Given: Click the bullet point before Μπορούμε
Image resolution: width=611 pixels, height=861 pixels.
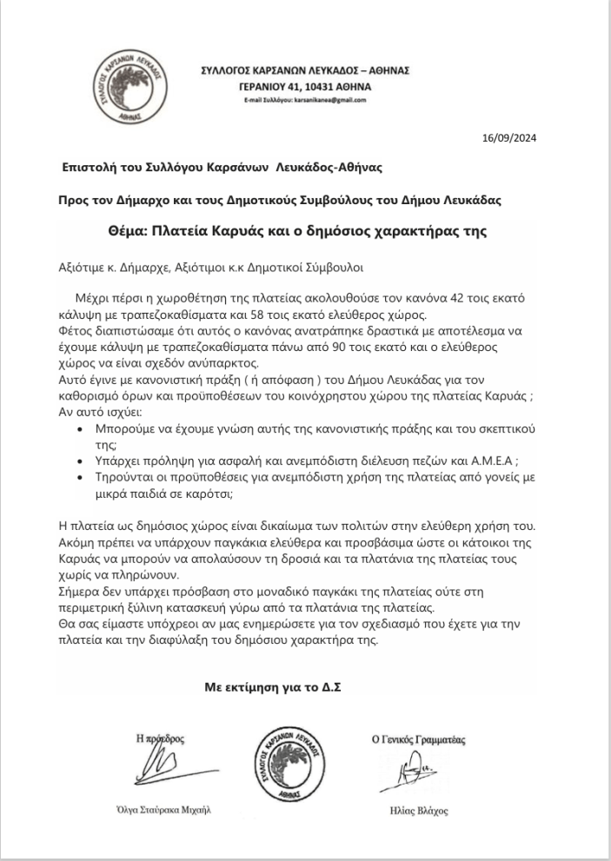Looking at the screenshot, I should click(x=81, y=430).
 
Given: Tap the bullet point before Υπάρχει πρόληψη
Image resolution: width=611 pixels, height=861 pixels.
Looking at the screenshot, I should click(x=81, y=460).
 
